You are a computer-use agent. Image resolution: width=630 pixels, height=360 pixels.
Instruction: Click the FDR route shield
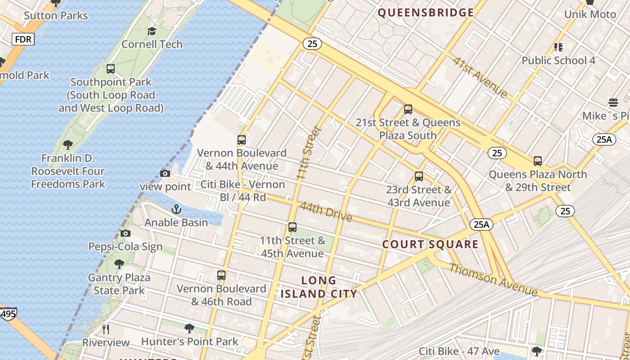[x=23, y=40]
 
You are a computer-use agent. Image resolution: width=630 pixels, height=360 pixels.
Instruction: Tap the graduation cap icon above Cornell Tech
[x=152, y=31]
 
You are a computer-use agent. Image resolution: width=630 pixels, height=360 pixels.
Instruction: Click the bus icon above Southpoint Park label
[x=111, y=69]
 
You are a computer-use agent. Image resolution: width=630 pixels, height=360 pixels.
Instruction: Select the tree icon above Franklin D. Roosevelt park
[x=68, y=145]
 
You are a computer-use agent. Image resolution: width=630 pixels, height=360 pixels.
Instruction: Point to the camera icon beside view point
[x=165, y=174]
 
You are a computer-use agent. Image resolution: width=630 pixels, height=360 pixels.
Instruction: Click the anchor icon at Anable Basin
[x=176, y=209]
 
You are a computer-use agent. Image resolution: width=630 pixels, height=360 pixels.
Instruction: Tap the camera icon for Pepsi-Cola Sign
[x=126, y=233]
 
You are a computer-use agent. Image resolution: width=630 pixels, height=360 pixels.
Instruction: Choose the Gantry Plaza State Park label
[x=119, y=284]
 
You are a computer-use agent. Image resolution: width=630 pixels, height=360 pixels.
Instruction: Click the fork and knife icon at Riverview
[x=106, y=329]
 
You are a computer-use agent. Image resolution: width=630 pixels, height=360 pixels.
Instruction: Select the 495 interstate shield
[x=8, y=314]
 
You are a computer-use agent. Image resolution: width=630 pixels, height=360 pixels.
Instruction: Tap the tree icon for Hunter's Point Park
[x=189, y=328]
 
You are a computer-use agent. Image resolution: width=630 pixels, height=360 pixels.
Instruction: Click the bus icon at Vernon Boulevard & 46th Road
[x=221, y=275]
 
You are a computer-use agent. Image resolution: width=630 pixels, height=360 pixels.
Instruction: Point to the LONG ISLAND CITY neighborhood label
[x=319, y=287]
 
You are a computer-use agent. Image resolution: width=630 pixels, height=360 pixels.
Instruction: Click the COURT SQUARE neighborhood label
[x=430, y=244]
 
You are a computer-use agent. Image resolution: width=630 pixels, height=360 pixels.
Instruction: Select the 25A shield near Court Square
[x=481, y=224]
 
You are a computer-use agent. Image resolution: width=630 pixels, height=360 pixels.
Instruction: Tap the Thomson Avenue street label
[x=493, y=280]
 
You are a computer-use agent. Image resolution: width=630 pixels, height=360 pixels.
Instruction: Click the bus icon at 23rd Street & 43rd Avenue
[x=419, y=176]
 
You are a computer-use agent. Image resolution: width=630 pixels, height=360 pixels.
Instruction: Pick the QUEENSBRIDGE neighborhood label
[x=426, y=13]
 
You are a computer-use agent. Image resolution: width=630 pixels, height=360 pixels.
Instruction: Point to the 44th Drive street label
[x=326, y=211]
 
